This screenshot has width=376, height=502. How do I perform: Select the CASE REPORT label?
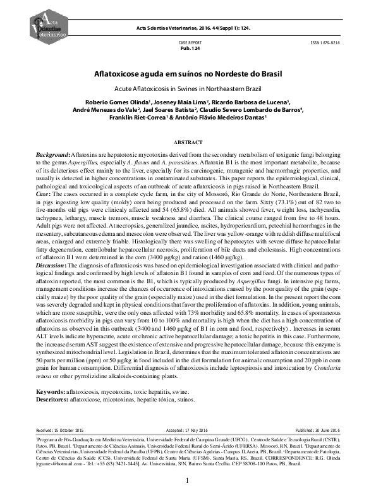(188, 42)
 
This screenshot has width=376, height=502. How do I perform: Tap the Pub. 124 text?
(188, 48)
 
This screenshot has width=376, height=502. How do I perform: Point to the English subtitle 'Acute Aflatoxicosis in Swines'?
(188, 88)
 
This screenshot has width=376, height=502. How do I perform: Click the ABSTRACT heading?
(188, 144)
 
